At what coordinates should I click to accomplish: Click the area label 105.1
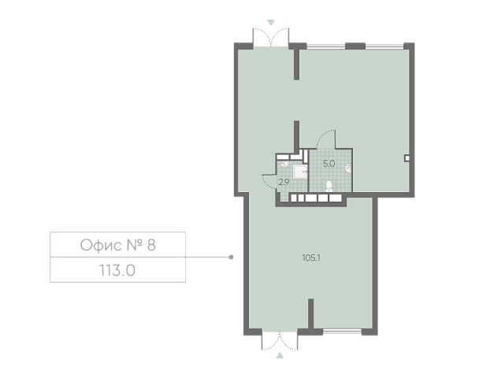(311, 258)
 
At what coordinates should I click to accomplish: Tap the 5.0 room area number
(329, 164)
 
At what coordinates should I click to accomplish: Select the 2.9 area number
(284, 182)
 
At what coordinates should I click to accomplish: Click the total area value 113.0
(117, 270)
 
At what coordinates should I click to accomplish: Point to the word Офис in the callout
(99, 245)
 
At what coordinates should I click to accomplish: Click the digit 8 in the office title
(151, 245)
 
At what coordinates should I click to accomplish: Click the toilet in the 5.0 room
(329, 186)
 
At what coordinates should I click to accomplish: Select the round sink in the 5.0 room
(348, 168)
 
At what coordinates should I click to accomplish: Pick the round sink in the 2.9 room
(284, 165)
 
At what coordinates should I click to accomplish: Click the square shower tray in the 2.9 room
(300, 172)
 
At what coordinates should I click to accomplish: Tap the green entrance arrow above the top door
(271, 23)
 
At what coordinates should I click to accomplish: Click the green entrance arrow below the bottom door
(280, 355)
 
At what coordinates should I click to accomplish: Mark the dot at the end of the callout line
(232, 257)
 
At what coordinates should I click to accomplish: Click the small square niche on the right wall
(407, 158)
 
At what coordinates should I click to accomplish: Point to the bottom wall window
(342, 331)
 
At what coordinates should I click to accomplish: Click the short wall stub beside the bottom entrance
(310, 313)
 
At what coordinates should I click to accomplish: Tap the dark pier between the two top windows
(355, 46)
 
